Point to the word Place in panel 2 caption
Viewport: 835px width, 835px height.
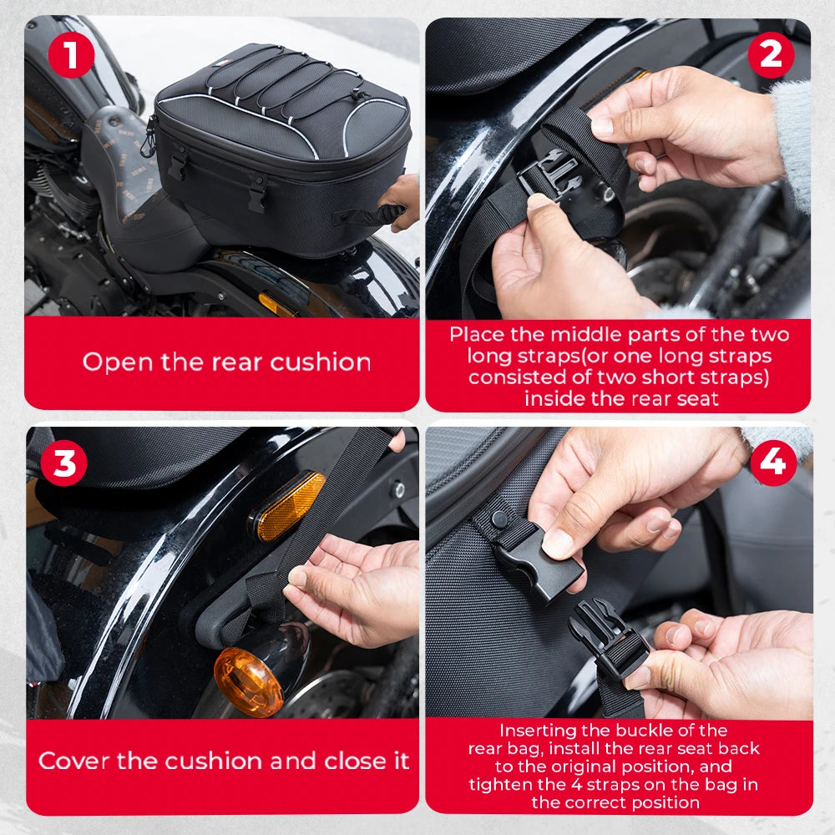pos(479,335)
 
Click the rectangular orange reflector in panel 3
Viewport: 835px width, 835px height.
pos(289,506)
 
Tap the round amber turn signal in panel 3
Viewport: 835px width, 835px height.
pos(249,681)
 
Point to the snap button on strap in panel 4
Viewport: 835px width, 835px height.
pos(498,519)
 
